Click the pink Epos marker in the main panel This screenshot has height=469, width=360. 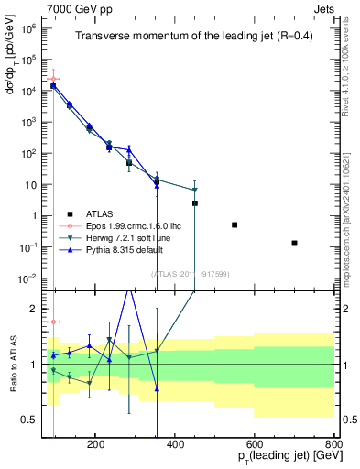pyautogui.click(x=54, y=80)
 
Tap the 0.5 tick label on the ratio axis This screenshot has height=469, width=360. pyautogui.click(x=32, y=420)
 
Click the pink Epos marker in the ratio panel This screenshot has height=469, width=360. pyautogui.click(x=54, y=322)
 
